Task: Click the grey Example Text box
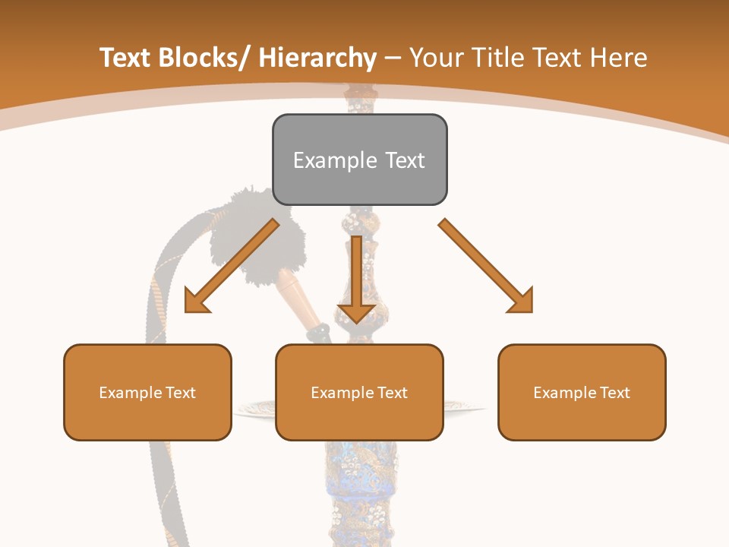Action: pyautogui.click(x=359, y=160)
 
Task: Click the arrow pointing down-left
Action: pyautogui.click(x=231, y=266)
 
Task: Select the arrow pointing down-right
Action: pyautogui.click(x=486, y=266)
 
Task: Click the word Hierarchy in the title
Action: pyautogui.click(x=317, y=58)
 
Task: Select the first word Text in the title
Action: pyautogui.click(x=125, y=58)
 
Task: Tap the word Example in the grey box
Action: pyautogui.click(x=335, y=160)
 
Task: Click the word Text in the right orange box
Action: pyautogui.click(x=614, y=392)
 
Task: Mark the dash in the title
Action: pyautogui.click(x=393, y=58)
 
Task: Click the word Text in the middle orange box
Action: pyautogui.click(x=392, y=392)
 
